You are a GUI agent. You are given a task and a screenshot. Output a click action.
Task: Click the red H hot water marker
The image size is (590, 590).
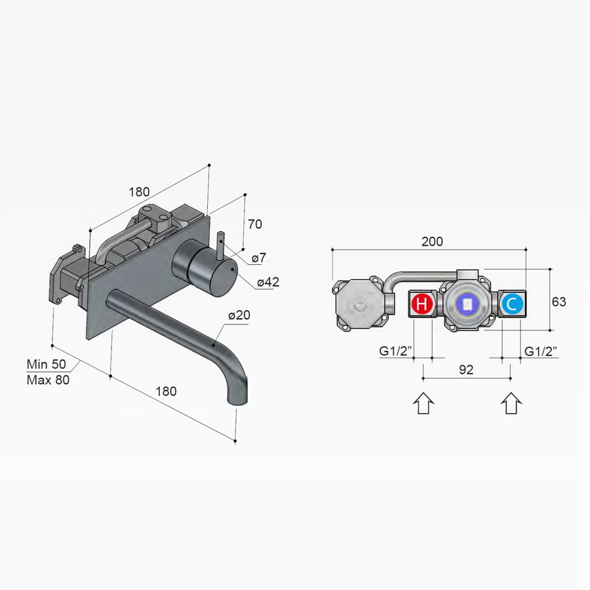tap(423, 304)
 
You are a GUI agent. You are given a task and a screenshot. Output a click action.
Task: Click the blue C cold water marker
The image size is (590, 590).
tap(511, 304)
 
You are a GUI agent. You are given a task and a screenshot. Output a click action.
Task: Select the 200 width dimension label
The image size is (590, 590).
tap(431, 241)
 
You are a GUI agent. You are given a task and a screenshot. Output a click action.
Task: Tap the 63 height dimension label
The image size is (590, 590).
tap(559, 302)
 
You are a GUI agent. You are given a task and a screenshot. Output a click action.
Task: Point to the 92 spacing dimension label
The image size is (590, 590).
tap(465, 370)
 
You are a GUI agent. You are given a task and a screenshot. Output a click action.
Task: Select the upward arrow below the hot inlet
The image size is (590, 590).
tap(423, 403)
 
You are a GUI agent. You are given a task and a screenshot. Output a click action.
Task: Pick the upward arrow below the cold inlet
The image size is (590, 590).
tap(511, 403)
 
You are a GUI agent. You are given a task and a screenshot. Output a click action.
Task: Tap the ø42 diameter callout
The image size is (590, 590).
tap(268, 283)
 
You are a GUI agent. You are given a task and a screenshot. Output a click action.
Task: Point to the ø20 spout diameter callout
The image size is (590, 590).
tap(240, 315)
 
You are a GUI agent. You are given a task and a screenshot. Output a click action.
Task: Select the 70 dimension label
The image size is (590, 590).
tap(254, 224)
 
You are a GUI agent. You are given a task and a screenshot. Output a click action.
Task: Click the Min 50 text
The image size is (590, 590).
tap(48, 364)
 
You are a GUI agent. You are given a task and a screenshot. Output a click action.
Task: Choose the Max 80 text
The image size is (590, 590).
tap(48, 379)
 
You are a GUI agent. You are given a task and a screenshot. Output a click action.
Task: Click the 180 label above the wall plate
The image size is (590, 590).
tap(139, 192)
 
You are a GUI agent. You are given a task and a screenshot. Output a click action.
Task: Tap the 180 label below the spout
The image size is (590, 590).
tap(166, 391)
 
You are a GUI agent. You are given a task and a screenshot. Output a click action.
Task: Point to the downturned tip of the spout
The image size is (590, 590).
tap(235, 395)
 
